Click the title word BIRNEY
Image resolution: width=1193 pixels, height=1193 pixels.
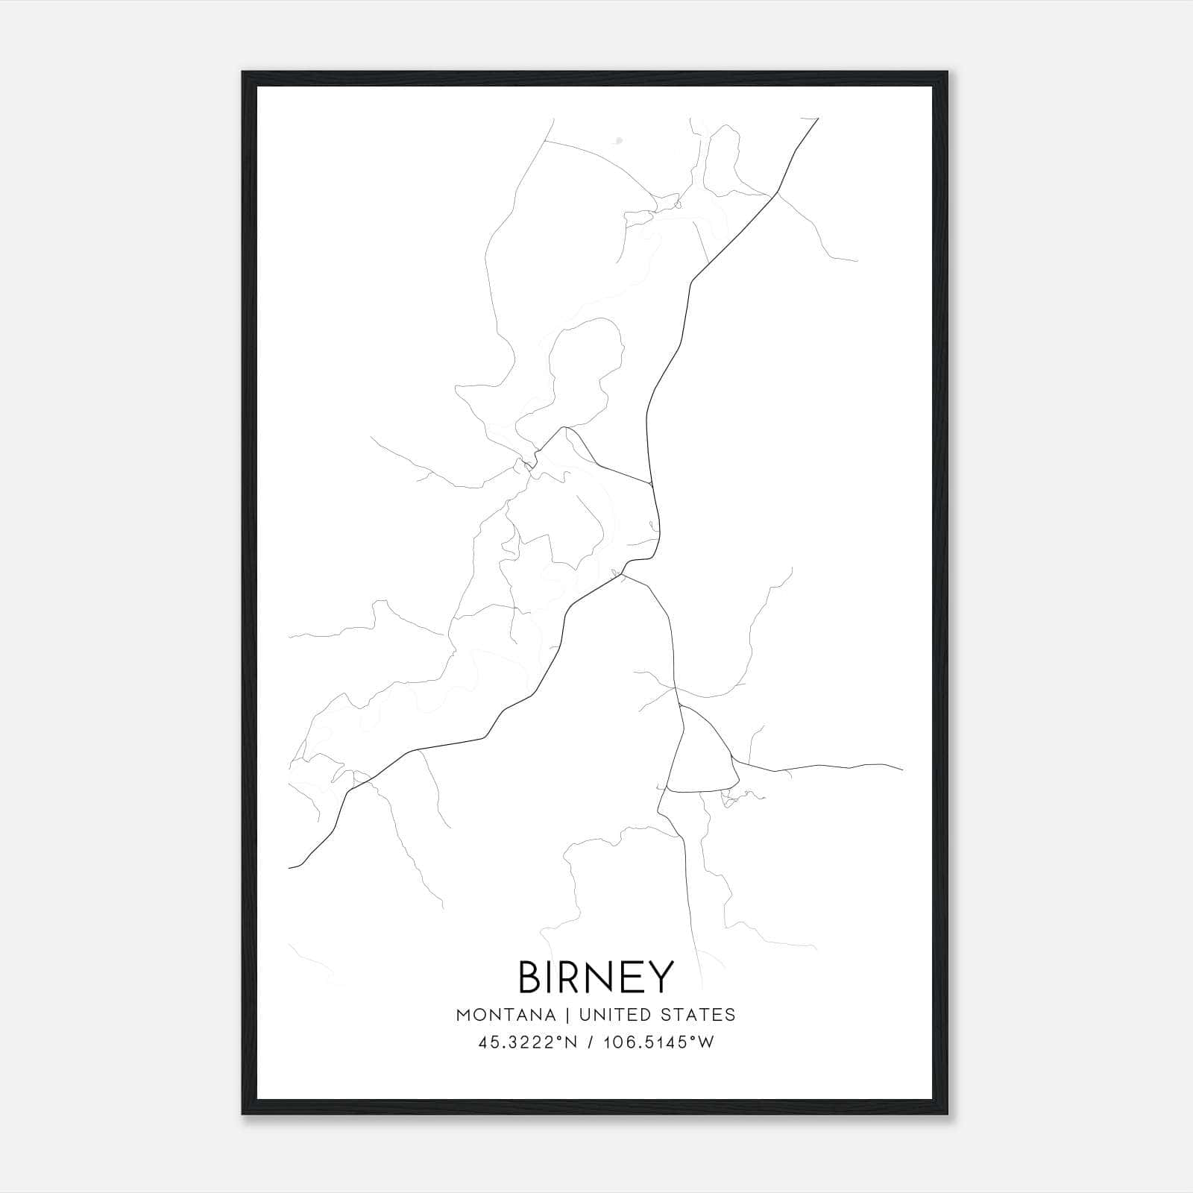pyautogui.click(x=596, y=977)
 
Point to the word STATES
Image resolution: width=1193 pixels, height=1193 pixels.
pyautogui.click(x=702, y=1015)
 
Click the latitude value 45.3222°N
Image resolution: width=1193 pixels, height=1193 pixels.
pyautogui.click(x=528, y=1043)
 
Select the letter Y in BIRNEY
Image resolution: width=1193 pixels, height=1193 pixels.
pyautogui.click(x=661, y=977)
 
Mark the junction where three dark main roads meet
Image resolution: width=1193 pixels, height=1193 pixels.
pyautogui.click(x=623, y=574)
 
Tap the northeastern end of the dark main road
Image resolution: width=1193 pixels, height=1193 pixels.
pyautogui.click(x=818, y=118)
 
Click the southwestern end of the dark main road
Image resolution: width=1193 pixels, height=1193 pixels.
pyautogui.click(x=289, y=868)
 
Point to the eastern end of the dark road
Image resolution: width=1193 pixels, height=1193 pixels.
pyautogui.click(x=902, y=769)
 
